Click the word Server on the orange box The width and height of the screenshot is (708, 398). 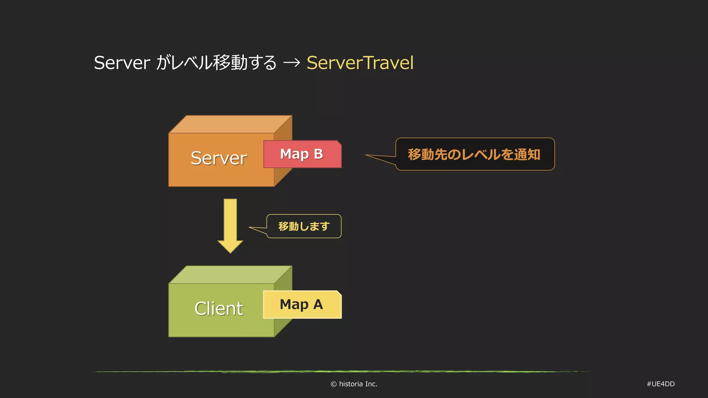[x=218, y=158]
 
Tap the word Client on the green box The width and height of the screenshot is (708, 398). [x=218, y=309]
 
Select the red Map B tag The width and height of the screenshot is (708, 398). [x=302, y=154]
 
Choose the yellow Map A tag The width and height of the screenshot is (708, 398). [x=302, y=305]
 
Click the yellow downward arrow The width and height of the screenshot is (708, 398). [x=230, y=225]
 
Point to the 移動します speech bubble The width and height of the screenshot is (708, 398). [x=304, y=226]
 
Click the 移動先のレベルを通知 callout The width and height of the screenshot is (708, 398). [x=474, y=154]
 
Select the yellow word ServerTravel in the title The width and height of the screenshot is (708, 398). [x=360, y=63]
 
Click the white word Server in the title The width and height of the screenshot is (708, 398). [x=122, y=63]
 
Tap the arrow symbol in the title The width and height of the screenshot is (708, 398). [x=291, y=63]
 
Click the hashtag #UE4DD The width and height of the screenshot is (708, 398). [x=660, y=384]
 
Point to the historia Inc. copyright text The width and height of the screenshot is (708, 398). [x=358, y=384]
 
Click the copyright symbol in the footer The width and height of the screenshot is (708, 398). [x=333, y=384]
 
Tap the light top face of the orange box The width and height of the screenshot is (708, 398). [x=231, y=124]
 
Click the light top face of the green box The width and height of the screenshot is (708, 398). [x=231, y=275]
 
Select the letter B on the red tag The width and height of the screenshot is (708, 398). [x=318, y=154]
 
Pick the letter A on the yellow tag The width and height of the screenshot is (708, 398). [x=318, y=304]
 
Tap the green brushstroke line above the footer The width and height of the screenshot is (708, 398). [x=341, y=372]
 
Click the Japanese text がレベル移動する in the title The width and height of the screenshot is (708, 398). [x=216, y=63]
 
